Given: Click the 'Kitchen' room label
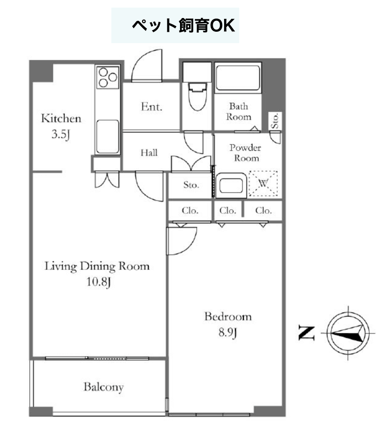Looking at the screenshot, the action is point(61,119).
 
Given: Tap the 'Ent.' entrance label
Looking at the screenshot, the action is point(152,107).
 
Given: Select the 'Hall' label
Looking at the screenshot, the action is point(149,153).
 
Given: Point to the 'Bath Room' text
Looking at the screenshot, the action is point(238,111).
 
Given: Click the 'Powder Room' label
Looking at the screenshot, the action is point(245,153).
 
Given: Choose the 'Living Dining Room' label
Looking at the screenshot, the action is point(97,266).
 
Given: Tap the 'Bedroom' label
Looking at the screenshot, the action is point(228,317).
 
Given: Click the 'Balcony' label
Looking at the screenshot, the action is point(104,387).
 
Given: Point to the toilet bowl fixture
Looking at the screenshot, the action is point(198,96).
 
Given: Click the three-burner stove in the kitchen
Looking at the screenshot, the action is point(108,77).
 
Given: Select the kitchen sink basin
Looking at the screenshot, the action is point(108,137).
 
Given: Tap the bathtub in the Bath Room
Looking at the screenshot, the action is point(238,78).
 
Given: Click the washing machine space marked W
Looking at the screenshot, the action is point(263,183).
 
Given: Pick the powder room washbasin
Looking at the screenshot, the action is point(231,185).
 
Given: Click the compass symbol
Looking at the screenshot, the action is point(348,333).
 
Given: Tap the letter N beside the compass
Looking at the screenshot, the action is point(307,333).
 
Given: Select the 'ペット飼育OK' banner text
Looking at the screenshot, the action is point(183,26).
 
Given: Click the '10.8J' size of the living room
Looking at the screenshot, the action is point(99,282).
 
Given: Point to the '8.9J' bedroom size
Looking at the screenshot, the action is point(227,332).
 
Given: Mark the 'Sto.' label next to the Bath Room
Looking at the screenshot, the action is point(275,121).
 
